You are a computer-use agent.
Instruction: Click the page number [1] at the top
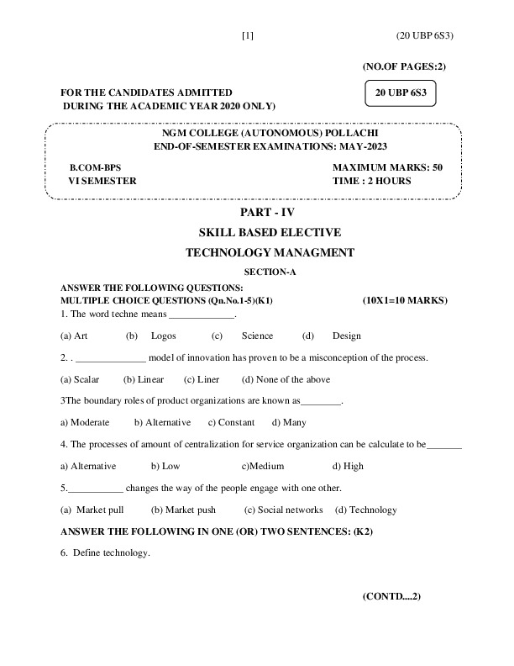(x=247, y=35)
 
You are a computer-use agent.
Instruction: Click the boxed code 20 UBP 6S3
(x=402, y=92)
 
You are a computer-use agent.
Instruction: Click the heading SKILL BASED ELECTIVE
(x=269, y=232)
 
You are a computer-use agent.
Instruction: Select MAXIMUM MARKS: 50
(x=387, y=167)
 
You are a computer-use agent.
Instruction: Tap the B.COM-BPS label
(x=96, y=167)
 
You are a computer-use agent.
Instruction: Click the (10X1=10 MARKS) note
(x=405, y=300)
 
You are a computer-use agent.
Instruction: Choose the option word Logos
(x=163, y=336)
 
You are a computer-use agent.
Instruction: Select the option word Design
(x=346, y=336)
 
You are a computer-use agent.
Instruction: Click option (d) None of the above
(x=286, y=379)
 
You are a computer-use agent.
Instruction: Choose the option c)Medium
(x=263, y=466)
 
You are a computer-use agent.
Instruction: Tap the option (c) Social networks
(x=284, y=510)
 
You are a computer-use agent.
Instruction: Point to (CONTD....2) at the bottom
(x=391, y=596)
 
